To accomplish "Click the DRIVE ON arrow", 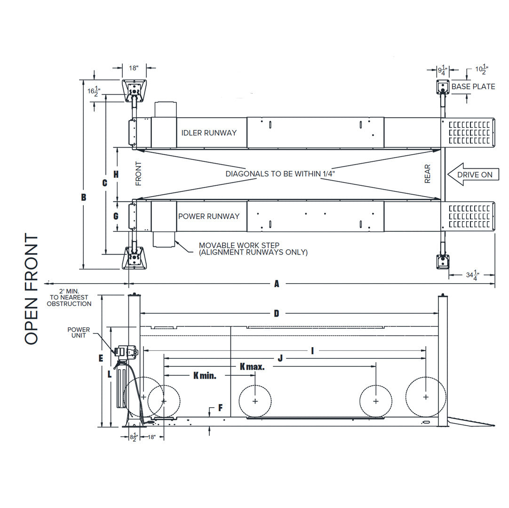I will (472, 175).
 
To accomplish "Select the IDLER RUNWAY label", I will (209, 133).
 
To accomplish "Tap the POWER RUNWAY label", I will (208, 216).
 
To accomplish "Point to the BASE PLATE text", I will (473, 87).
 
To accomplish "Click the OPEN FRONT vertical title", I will (32, 289).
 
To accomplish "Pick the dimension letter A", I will (277, 284).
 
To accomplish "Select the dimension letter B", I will (84, 198).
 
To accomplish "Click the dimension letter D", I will (277, 313).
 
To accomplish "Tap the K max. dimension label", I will (252, 366).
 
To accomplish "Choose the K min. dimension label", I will (205, 375).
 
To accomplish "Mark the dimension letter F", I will (220, 408).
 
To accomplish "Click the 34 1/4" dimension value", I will (472, 275).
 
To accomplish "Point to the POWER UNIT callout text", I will (78, 333).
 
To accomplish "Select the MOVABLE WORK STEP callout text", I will (253, 249).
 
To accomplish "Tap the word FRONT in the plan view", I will (138, 174).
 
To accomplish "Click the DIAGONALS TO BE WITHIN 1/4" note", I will (283, 174).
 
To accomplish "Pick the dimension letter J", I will (280, 358).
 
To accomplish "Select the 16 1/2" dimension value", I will (94, 90).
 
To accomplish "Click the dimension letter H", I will (116, 174).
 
